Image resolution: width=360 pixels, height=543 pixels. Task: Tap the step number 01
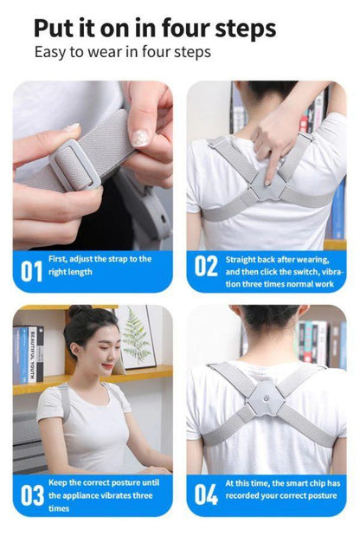click(x=31, y=270)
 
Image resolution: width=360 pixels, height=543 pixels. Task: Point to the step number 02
click(x=205, y=266)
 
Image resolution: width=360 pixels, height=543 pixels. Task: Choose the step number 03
click(x=32, y=495)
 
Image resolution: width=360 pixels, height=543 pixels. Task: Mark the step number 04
click(x=206, y=495)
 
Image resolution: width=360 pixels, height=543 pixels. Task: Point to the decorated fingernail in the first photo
click(x=138, y=138)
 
